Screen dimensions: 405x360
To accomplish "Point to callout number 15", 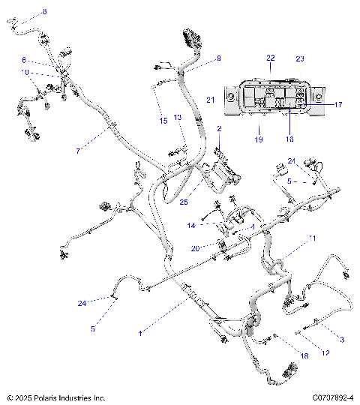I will point(162,121).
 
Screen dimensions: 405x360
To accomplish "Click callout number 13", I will point(178,118).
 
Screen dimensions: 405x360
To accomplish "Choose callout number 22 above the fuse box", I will point(271,58).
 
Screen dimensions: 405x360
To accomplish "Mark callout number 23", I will point(300,58).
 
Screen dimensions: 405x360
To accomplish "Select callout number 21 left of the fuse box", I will point(211,100).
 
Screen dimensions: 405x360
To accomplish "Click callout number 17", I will point(338,104).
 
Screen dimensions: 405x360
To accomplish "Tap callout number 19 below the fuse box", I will point(258,139).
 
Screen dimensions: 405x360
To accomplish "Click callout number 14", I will point(191,225).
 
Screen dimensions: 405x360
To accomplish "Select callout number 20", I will point(195,248).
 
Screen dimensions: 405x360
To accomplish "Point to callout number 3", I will point(342,340).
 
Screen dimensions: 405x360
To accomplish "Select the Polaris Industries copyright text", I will point(56,397).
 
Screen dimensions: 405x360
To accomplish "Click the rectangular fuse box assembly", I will point(276,97).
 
